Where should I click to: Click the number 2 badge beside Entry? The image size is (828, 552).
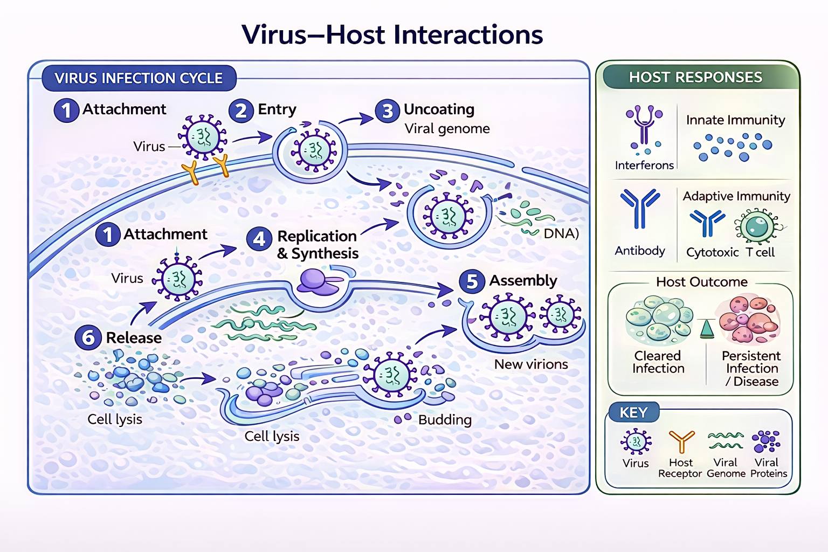pyautogui.click(x=241, y=111)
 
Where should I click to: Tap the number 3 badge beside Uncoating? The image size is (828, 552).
pyautogui.click(x=387, y=111)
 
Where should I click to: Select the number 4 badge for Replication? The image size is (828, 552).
pyautogui.click(x=259, y=239)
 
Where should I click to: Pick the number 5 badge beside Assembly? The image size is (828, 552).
pyautogui.click(x=472, y=281)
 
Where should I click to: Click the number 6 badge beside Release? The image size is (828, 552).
pyautogui.click(x=88, y=338)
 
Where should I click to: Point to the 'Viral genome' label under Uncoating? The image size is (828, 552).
pyautogui.click(x=447, y=129)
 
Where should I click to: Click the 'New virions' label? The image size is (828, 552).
pyautogui.click(x=531, y=364)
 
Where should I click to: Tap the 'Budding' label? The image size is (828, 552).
pyautogui.click(x=445, y=420)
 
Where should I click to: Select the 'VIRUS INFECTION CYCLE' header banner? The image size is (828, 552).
pyautogui.click(x=139, y=78)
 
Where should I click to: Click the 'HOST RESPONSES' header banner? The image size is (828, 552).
pyautogui.click(x=695, y=77)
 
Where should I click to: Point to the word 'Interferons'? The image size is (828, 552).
pyautogui.click(x=644, y=165)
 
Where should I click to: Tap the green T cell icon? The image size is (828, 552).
pyautogui.click(x=758, y=226)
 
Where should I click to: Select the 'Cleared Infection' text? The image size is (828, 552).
pyautogui.click(x=658, y=362)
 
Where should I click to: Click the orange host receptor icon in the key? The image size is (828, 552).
pyautogui.click(x=681, y=441)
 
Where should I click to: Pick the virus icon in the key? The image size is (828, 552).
pyautogui.click(x=636, y=442)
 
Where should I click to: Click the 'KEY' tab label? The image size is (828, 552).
pyautogui.click(x=633, y=413)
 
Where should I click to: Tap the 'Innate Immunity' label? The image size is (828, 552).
pyautogui.click(x=735, y=120)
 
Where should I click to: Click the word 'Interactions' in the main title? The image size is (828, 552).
pyautogui.click(x=468, y=35)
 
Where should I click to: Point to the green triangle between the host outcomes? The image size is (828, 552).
pyautogui.click(x=707, y=328)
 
